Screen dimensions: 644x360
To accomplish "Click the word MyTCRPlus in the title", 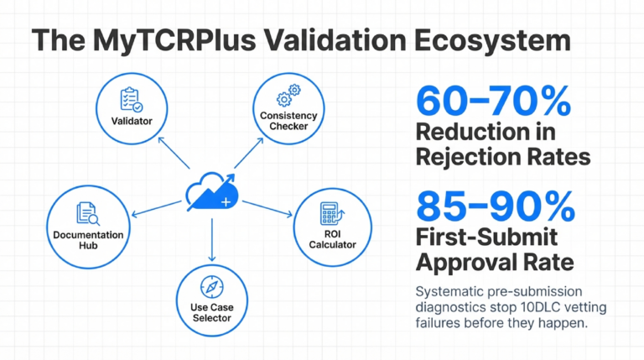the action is [x=174, y=40].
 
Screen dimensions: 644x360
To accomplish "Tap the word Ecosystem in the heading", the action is [x=492, y=40].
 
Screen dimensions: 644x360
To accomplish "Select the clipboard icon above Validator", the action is [x=132, y=99].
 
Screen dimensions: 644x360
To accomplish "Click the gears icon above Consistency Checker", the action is [x=288, y=96].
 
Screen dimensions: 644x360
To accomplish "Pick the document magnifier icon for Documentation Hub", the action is [x=88, y=214].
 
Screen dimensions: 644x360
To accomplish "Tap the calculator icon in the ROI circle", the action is [x=332, y=214].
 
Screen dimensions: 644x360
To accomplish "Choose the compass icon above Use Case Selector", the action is [x=212, y=287].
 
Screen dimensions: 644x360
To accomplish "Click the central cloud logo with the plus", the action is [x=212, y=192].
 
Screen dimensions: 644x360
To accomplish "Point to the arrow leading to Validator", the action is [x=174, y=153].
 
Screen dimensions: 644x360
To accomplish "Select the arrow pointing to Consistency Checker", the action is [x=249, y=153].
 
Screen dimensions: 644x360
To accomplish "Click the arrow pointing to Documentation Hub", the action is [x=157, y=208].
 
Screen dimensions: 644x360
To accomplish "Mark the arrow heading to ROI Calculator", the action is [x=267, y=208].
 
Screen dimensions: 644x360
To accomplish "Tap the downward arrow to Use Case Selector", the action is [x=212, y=240].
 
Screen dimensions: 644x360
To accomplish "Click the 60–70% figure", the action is [x=493, y=101].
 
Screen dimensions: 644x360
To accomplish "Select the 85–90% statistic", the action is [x=496, y=206].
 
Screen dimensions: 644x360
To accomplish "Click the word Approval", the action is [x=465, y=262].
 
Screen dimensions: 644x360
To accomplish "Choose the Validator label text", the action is [x=132, y=121].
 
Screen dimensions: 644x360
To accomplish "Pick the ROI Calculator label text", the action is [x=332, y=240].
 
